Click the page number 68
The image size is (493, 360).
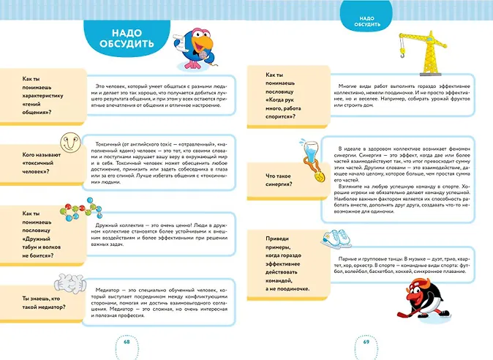pos(127,343)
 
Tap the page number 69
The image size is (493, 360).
pos(366,343)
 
